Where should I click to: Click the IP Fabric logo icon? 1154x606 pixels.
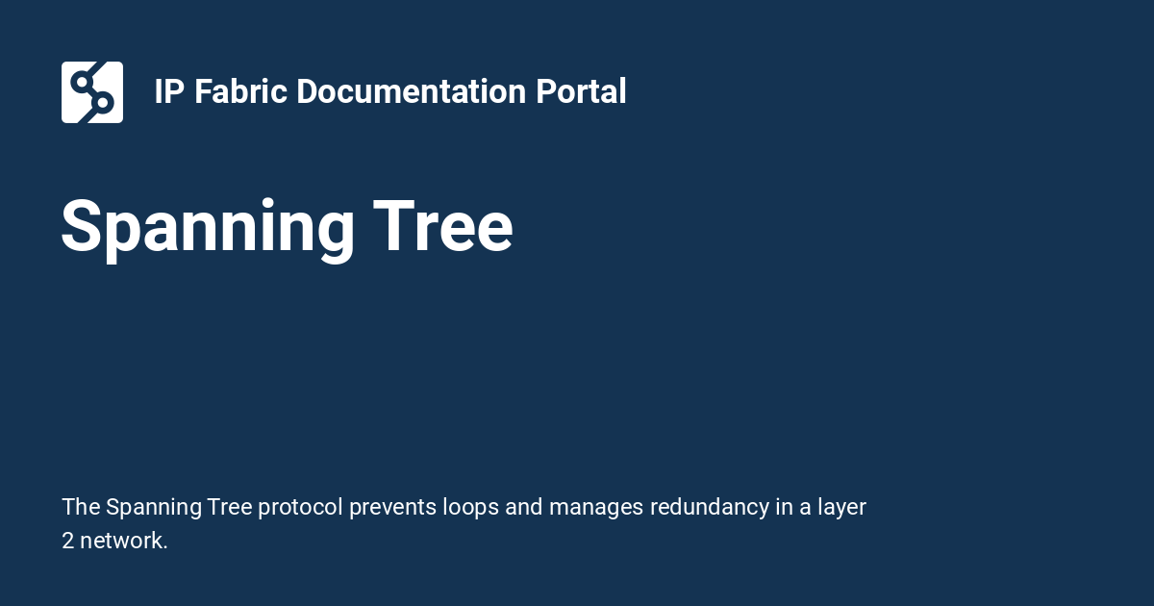pos(92,92)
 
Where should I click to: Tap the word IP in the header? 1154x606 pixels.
pos(169,92)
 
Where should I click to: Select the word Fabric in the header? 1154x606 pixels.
pos(241,92)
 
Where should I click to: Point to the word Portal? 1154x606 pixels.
pos(582,92)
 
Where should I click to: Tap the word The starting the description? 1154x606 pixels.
pos(81,507)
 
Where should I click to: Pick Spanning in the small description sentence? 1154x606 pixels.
pos(153,507)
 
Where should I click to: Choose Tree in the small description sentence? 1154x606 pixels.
pos(230,507)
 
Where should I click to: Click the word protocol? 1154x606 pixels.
pos(300,507)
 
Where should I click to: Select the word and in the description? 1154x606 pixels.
pos(524,507)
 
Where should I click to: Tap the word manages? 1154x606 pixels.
pos(596,507)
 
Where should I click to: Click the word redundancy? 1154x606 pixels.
pos(710,507)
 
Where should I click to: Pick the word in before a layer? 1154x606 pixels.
pos(785,507)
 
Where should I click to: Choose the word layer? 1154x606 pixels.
pos(841,507)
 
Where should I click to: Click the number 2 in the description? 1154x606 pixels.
pos(68,541)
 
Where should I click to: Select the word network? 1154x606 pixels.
pos(124,541)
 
